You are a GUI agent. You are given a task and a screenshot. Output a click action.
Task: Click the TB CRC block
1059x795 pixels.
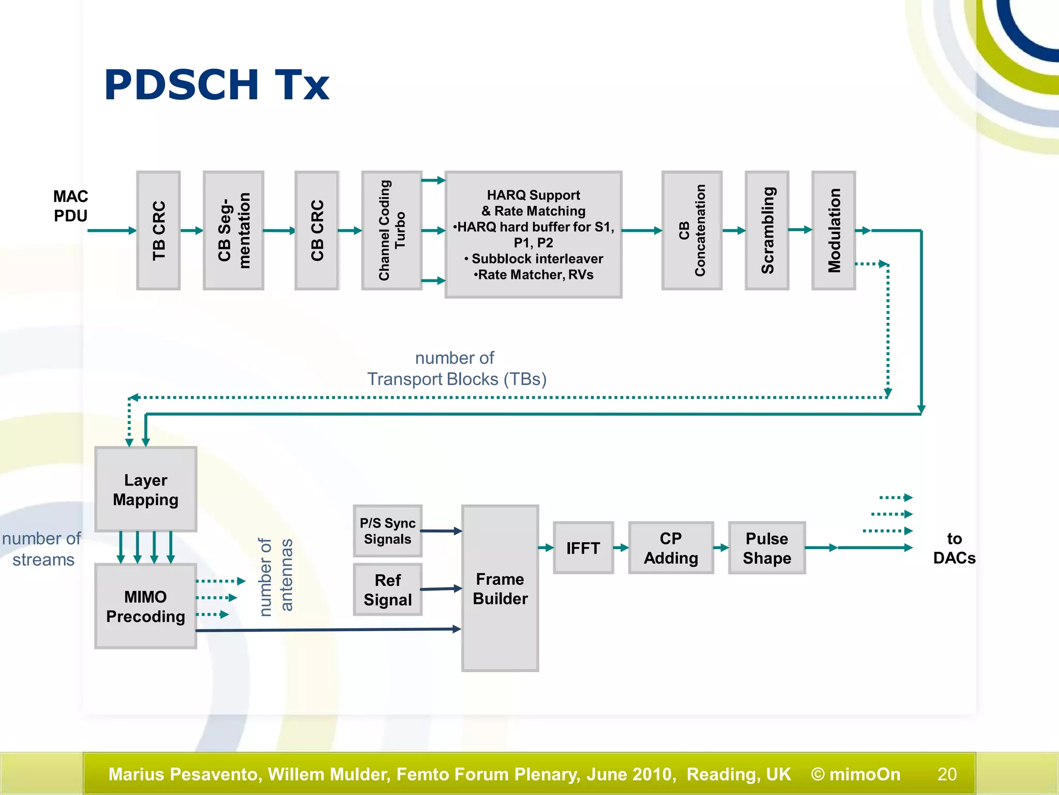(x=158, y=230)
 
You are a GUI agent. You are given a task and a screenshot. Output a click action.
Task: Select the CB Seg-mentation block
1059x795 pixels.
(x=233, y=230)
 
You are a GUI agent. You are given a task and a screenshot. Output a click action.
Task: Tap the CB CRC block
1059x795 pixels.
(x=316, y=230)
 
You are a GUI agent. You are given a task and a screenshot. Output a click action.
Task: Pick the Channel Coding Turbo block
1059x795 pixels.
(x=391, y=230)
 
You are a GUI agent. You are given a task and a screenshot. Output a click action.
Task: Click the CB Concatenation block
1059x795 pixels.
(x=691, y=230)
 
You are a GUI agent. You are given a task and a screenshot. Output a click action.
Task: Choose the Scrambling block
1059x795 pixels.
(x=767, y=230)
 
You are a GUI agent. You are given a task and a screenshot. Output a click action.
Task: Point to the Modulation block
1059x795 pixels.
(x=834, y=230)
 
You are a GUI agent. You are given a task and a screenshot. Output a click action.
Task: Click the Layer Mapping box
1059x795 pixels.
(x=146, y=489)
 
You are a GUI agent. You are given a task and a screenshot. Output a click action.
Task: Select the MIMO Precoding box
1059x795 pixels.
(x=146, y=606)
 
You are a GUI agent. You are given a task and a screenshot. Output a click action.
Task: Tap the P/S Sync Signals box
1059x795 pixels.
(x=387, y=531)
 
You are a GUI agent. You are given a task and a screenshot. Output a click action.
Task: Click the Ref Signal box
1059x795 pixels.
(x=387, y=590)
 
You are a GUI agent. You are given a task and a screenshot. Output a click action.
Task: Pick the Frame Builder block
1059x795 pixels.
(x=500, y=588)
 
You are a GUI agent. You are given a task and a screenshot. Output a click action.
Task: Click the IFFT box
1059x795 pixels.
(x=583, y=548)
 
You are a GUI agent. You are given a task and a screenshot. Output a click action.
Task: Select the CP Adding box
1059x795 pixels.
(x=671, y=548)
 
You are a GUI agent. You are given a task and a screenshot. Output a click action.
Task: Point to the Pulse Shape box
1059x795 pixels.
(x=767, y=548)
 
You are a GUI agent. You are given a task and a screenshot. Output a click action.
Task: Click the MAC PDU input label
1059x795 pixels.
(x=71, y=206)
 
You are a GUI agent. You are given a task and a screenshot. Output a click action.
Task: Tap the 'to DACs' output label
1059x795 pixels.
(x=954, y=548)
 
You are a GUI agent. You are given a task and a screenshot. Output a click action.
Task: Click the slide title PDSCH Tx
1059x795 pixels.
(x=217, y=85)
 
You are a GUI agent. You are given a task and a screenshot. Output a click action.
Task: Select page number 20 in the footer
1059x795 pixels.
(x=947, y=774)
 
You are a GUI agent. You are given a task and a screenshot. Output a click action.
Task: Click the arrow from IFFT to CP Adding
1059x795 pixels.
(x=621, y=548)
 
